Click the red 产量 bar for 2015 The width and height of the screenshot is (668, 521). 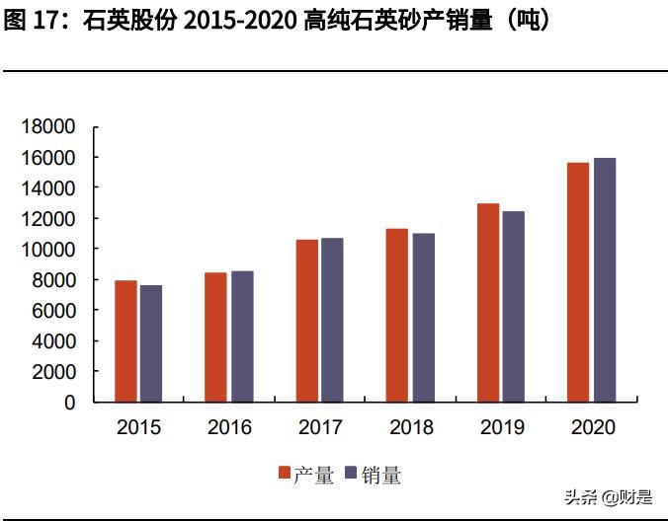coord(125,341)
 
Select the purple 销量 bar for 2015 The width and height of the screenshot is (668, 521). coord(151,343)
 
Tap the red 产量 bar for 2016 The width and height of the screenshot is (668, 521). coord(215,337)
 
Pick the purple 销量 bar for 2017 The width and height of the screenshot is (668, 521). coord(332,320)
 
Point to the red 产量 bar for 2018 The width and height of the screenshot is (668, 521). coord(396,315)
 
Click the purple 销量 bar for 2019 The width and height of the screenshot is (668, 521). coord(513,307)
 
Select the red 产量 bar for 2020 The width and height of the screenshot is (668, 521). coord(577,282)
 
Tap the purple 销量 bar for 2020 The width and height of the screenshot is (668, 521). coord(604,280)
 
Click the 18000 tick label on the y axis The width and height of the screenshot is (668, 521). coord(49,127)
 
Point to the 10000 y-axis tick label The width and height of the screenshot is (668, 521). coord(49,250)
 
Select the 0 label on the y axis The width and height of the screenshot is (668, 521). coord(70,403)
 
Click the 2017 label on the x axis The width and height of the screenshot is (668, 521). coord(320,428)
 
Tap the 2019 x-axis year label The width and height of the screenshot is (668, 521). coord(501,428)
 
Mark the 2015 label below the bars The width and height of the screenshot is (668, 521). coord(138,428)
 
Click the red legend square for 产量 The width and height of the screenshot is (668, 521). coord(285,475)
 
